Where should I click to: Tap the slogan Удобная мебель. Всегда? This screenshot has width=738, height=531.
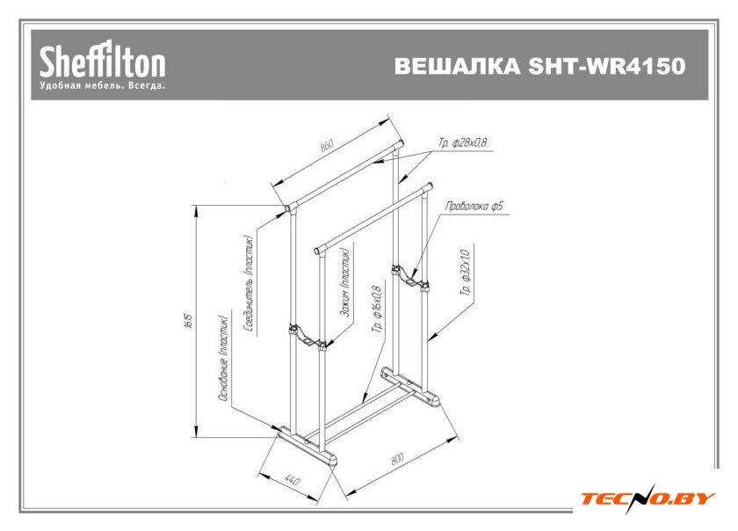coord(102,87)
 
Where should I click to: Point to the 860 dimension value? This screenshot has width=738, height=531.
coord(328,147)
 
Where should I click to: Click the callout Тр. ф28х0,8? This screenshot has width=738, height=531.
coord(462,142)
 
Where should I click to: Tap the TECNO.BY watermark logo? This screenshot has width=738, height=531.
coord(647,498)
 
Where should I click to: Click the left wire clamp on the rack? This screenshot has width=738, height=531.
coord(307,336)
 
